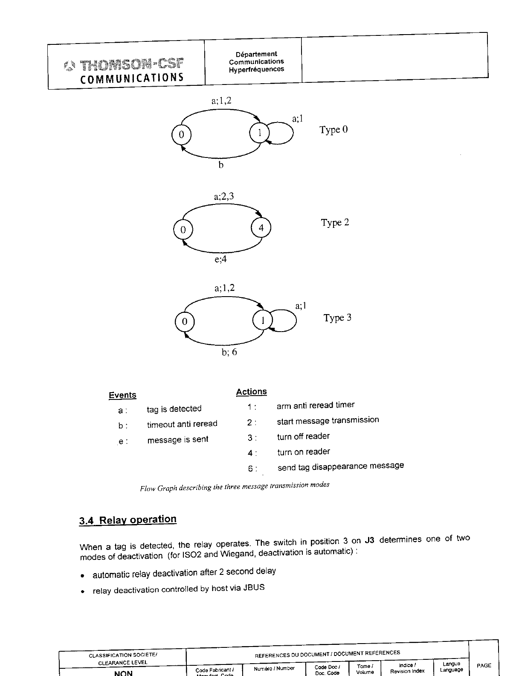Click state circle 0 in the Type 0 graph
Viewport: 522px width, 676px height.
[x=181, y=135]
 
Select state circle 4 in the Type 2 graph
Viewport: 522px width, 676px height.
[x=261, y=228]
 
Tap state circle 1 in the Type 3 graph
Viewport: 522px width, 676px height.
[x=263, y=321]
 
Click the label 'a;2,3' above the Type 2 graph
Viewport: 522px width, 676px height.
[x=224, y=197]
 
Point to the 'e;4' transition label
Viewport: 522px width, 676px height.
[x=220, y=259]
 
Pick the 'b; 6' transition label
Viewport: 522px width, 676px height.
[x=229, y=352]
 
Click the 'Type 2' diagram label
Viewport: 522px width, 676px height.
[x=335, y=223]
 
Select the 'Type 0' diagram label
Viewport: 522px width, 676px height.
[x=333, y=130]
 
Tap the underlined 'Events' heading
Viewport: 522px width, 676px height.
[x=122, y=395]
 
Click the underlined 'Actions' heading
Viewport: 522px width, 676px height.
[x=251, y=392]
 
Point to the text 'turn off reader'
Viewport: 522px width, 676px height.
[x=303, y=437]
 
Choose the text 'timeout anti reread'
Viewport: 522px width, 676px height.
[x=182, y=424]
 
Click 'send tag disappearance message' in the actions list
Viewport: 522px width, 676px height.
[x=341, y=466]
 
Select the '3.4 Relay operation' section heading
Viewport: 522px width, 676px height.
[x=128, y=520]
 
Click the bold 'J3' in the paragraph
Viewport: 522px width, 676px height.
[x=369, y=540]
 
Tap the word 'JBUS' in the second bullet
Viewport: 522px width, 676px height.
[x=254, y=588]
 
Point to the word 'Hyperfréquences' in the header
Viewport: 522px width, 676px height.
[x=256, y=69]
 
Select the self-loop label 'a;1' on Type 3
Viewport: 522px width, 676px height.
[x=301, y=306]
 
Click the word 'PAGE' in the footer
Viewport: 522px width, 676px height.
[x=484, y=665]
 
